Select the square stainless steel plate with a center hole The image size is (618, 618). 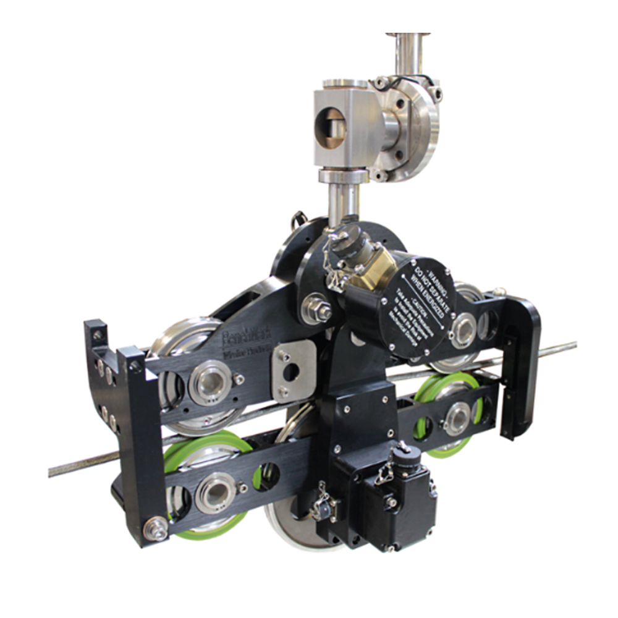coord(290,371)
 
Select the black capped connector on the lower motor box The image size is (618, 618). coord(406,460)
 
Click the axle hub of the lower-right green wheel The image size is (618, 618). coord(458,417)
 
